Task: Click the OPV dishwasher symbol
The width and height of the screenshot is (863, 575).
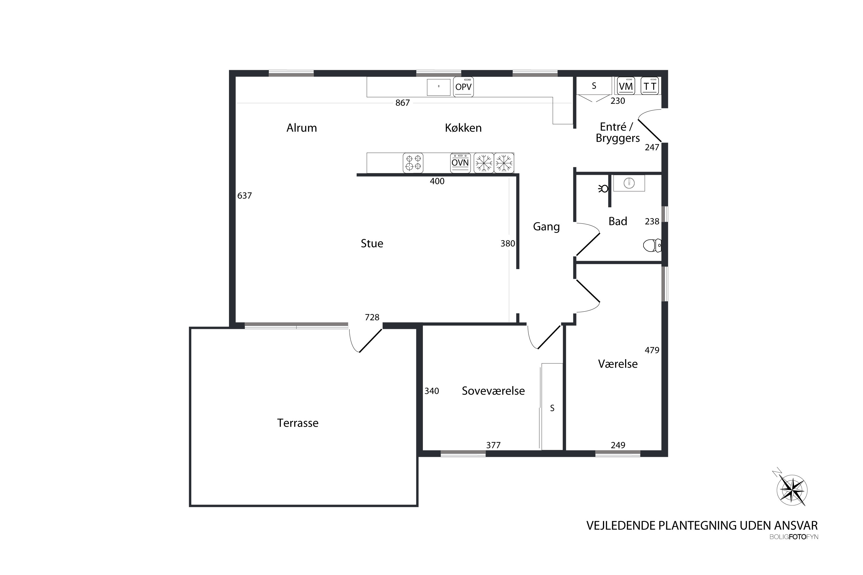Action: (463, 87)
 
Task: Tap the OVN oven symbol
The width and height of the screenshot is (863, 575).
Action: (460, 163)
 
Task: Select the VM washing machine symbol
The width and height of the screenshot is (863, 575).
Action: (626, 86)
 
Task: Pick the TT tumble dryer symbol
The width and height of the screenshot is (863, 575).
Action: (650, 86)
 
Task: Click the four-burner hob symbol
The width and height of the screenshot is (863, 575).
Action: (413, 163)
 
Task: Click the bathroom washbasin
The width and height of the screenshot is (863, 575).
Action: (629, 183)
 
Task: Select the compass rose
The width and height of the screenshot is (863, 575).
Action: (792, 490)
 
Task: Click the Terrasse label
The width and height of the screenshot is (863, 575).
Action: (297, 423)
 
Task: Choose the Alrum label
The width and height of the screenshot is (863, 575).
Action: (301, 128)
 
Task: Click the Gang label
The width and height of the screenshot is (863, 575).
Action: (546, 227)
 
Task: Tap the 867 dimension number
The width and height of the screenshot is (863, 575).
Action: (402, 103)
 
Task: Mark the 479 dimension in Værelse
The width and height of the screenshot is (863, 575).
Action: (652, 350)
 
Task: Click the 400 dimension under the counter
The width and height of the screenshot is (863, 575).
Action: (437, 181)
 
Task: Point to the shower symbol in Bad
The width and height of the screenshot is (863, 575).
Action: (603, 189)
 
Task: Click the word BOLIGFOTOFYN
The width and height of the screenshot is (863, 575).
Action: (794, 537)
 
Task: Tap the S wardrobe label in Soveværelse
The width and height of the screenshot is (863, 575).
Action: (552, 408)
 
